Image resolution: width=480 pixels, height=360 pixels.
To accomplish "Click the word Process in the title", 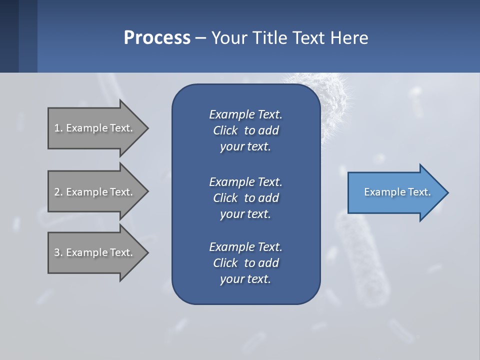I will click(x=157, y=38).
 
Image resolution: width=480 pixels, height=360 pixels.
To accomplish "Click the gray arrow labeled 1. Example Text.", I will click(x=95, y=128).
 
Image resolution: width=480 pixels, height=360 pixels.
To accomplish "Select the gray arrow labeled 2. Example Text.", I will click(x=95, y=192).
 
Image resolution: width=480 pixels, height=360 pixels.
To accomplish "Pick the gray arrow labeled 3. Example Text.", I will click(x=95, y=252).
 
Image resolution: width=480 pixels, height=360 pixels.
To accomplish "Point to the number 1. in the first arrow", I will click(x=58, y=128).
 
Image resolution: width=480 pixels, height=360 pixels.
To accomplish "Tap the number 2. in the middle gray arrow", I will click(x=58, y=192).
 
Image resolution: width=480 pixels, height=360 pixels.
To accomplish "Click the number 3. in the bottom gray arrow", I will click(x=58, y=252).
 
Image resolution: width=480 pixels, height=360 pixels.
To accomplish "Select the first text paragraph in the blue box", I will click(x=245, y=130).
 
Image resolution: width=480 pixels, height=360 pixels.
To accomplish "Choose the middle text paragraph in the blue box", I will click(x=245, y=197).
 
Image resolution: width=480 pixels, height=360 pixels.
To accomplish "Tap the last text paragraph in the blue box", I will click(x=245, y=263).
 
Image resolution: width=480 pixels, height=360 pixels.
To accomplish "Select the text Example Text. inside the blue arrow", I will click(x=397, y=192).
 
